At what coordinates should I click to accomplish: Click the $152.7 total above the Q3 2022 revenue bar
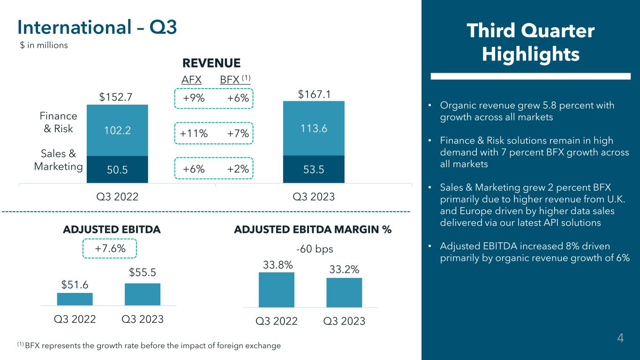coord(116,97)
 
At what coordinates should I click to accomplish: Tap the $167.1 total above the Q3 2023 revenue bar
coord(314,95)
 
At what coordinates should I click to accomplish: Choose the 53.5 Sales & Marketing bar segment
coord(314,169)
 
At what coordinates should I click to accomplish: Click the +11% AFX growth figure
coord(194,134)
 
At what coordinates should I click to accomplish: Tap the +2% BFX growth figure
coord(237,169)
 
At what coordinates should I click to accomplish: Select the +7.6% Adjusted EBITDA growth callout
coord(110,248)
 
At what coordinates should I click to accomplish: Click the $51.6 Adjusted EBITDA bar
coord(75,299)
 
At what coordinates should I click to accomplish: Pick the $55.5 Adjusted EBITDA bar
coord(143,294)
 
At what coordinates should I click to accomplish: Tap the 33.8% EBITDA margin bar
coord(277,290)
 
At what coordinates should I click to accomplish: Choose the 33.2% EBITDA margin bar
coord(344,292)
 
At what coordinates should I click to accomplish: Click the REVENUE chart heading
coord(211,63)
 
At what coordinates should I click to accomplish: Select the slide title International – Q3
coord(97,28)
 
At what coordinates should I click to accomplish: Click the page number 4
coord(620,338)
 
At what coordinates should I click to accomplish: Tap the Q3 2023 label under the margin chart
coord(344,322)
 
